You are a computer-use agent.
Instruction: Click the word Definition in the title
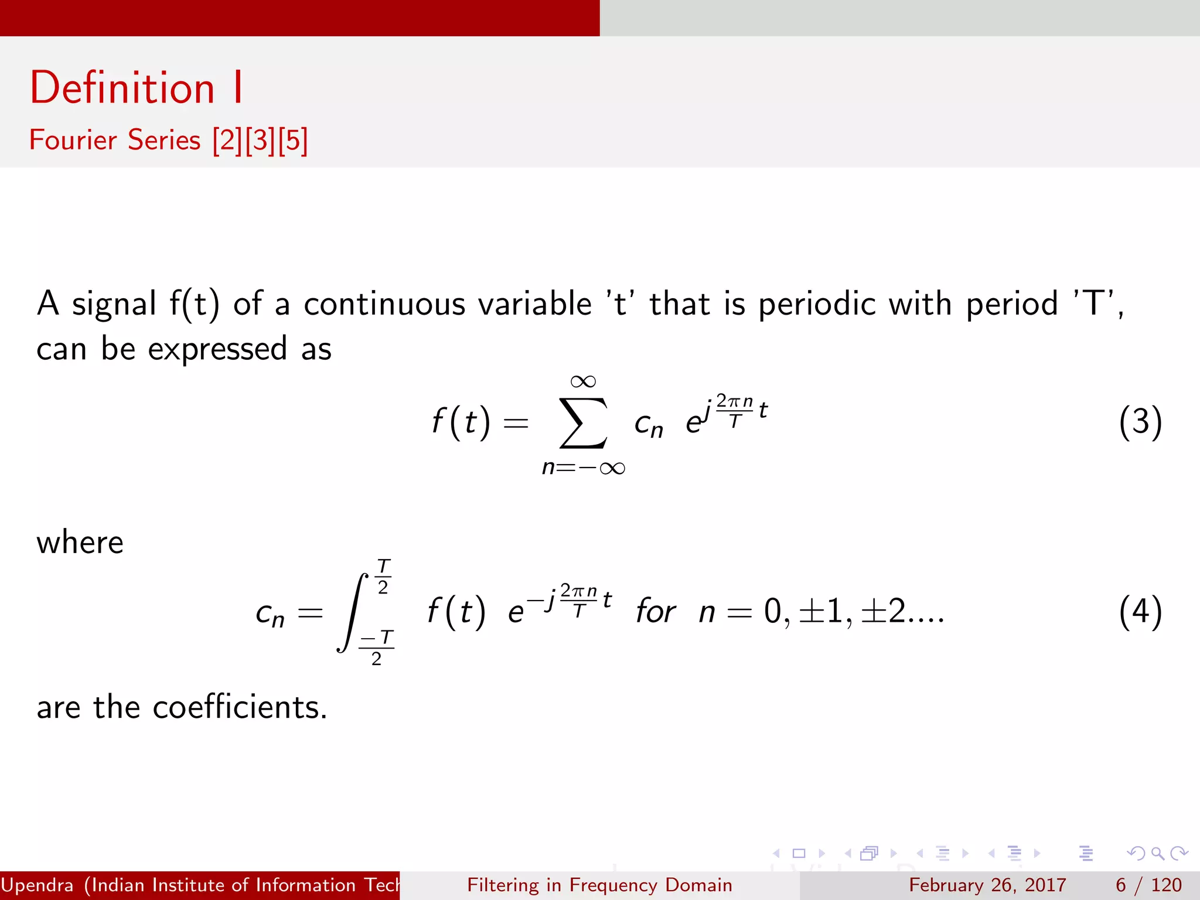pos(122,88)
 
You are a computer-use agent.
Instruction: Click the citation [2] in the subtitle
pos(227,141)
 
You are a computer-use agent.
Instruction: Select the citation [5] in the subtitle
pos(293,141)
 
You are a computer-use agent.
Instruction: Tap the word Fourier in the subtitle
pos(73,140)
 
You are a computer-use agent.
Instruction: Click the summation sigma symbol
pos(582,423)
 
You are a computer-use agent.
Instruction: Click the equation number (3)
pos(1140,422)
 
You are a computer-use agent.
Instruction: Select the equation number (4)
pos(1140,612)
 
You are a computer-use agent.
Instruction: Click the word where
pos(80,543)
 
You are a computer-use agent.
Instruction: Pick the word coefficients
pos(239,707)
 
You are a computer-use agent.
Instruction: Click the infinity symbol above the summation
pos(583,381)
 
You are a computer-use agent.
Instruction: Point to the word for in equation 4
pos(655,612)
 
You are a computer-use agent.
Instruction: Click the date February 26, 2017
pos(987,885)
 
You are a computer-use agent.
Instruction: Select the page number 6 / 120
pos(1148,885)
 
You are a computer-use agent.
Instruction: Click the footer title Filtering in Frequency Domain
pos(599,885)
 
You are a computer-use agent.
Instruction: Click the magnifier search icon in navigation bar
pos(1157,853)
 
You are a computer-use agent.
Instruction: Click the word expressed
pos(217,350)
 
